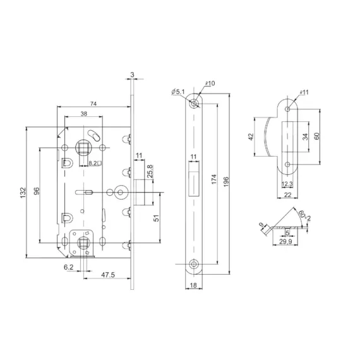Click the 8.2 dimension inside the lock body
pos(92,164)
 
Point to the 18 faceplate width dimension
pos(193,285)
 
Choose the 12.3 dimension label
pos(287,184)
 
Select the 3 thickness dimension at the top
pos(132,75)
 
